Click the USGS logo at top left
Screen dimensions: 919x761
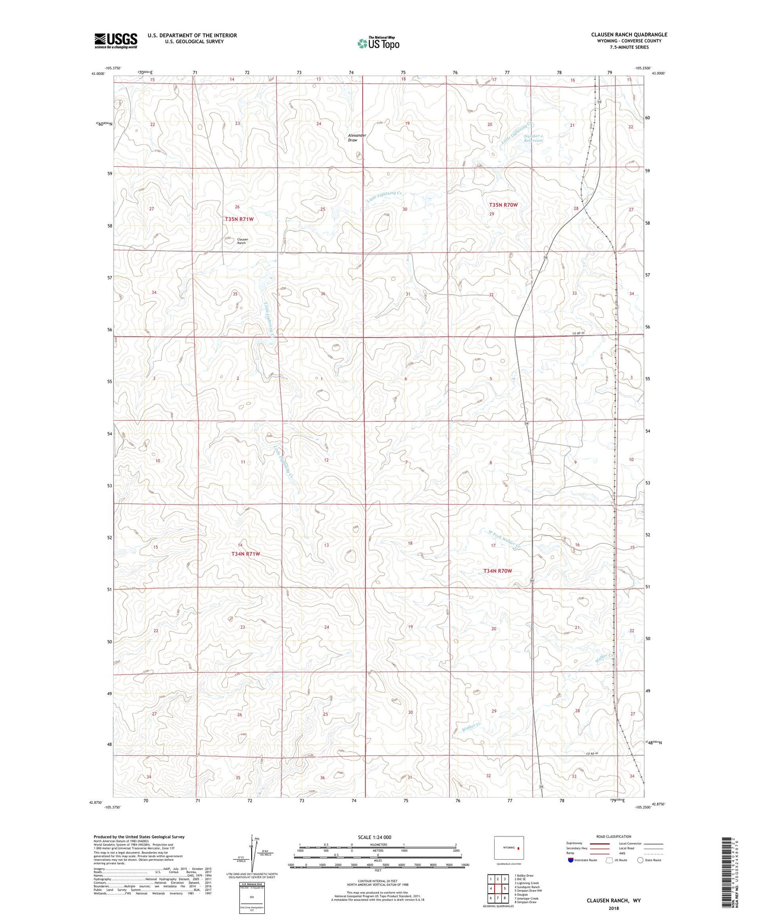pyautogui.click(x=116, y=41)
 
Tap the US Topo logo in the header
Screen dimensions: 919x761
pyautogui.click(x=378, y=43)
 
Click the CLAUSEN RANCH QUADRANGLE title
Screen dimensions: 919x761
pyautogui.click(x=629, y=34)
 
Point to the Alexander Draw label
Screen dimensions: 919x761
pyautogui.click(x=357, y=137)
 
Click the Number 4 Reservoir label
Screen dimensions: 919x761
pyautogui.click(x=534, y=138)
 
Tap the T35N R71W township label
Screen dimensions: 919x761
pyautogui.click(x=239, y=219)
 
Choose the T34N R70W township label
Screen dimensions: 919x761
pyautogui.click(x=497, y=571)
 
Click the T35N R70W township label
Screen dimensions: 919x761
pyautogui.click(x=503, y=205)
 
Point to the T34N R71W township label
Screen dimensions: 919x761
pyautogui.click(x=246, y=554)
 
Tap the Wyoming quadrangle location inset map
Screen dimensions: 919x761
pyautogui.click(x=509, y=848)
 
